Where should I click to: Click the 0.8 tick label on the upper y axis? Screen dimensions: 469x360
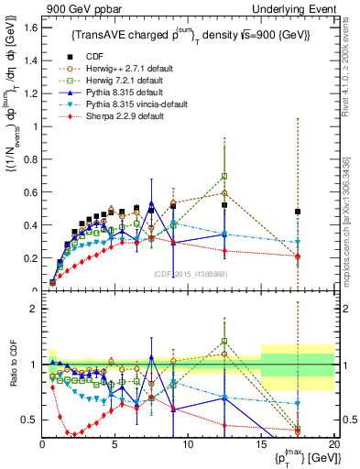[x=28, y=157]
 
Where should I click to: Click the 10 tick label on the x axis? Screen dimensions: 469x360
[x=187, y=444]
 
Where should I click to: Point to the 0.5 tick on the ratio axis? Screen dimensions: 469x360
[x=28, y=420]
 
